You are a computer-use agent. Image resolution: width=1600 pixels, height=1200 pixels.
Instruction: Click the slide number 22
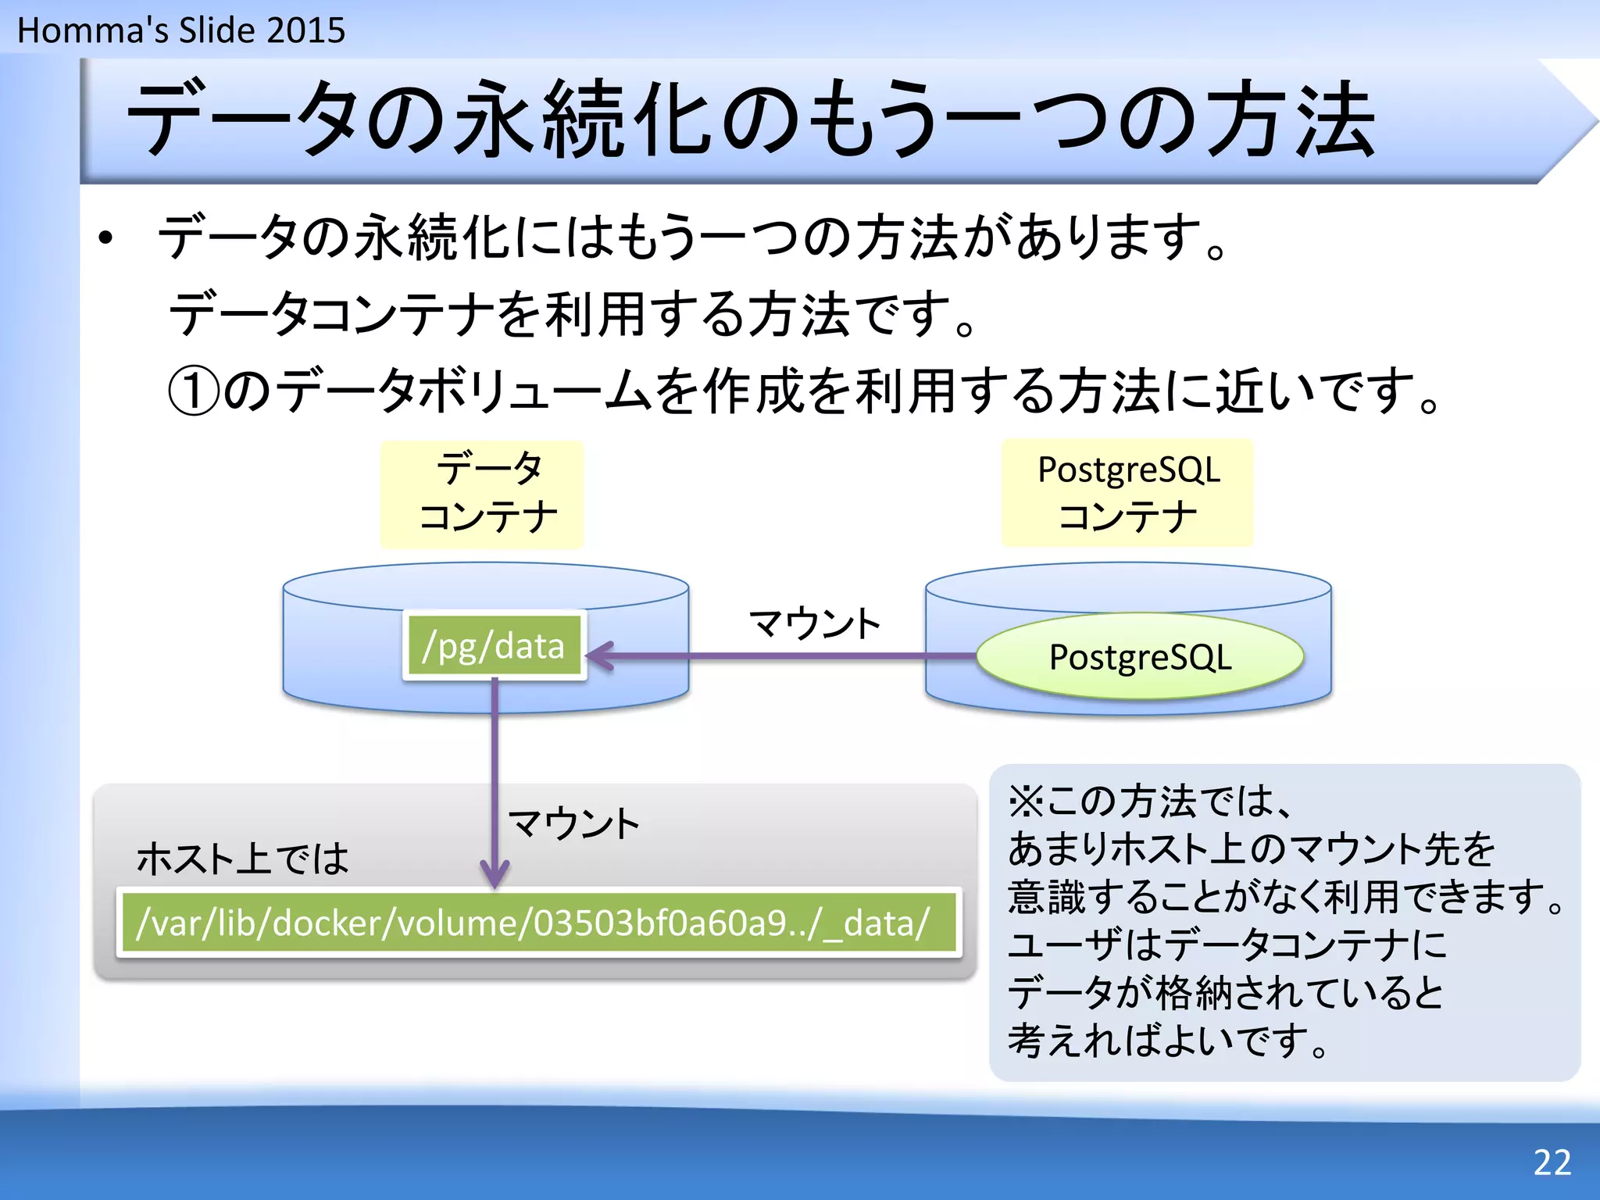click(x=1552, y=1162)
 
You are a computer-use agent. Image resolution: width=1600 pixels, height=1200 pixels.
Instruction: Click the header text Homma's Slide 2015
click(x=180, y=30)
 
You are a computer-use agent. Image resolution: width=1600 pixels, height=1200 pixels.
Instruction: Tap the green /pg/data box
click(x=494, y=645)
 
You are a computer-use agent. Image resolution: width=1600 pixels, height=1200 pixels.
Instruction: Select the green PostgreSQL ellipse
click(x=1139, y=656)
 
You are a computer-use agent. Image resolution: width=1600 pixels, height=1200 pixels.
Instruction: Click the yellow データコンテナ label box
click(x=482, y=494)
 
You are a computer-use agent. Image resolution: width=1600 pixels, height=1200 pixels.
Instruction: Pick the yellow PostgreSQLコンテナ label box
click(x=1127, y=493)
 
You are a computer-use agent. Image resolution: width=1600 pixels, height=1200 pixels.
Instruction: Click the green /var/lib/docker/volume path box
click(x=538, y=923)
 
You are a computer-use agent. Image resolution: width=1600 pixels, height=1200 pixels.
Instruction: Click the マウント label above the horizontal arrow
click(x=814, y=623)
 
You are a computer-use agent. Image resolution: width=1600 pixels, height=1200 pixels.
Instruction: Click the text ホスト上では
click(x=242, y=858)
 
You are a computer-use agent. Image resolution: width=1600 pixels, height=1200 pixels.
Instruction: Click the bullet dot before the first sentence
click(x=106, y=238)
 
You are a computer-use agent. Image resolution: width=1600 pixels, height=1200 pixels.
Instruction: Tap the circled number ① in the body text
click(x=193, y=391)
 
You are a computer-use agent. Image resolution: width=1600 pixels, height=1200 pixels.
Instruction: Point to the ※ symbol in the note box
click(x=1026, y=801)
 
